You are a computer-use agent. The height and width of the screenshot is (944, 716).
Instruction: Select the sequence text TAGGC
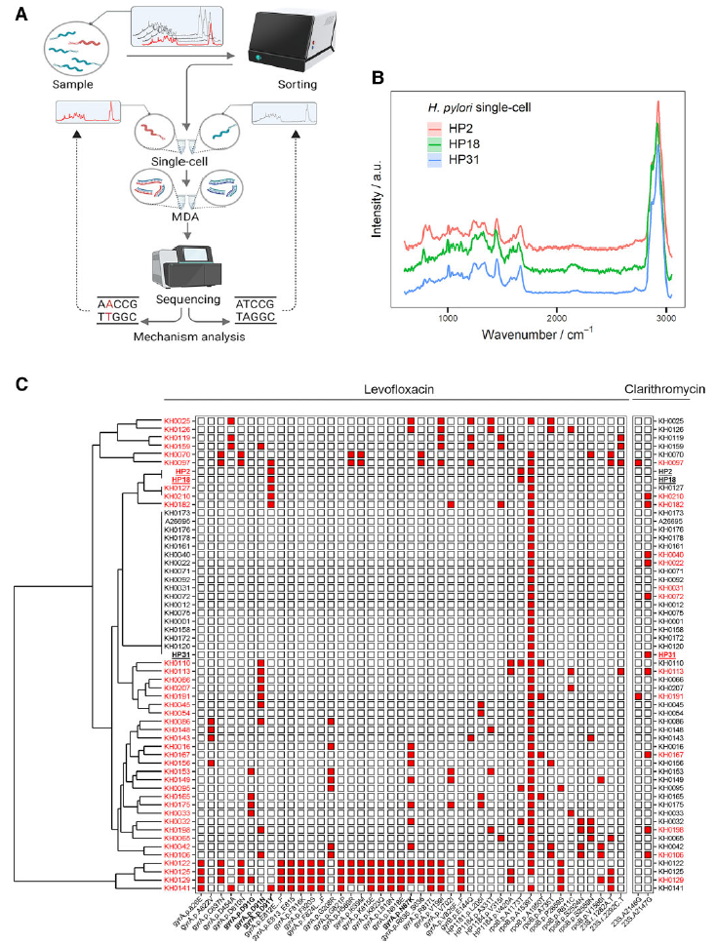tap(255, 317)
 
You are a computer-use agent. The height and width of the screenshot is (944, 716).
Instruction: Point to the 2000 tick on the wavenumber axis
tap(557, 319)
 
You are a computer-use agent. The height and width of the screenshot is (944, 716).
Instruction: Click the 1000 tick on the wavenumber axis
tap(449, 319)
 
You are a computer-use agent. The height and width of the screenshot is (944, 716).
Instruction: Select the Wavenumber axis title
tap(541, 335)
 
